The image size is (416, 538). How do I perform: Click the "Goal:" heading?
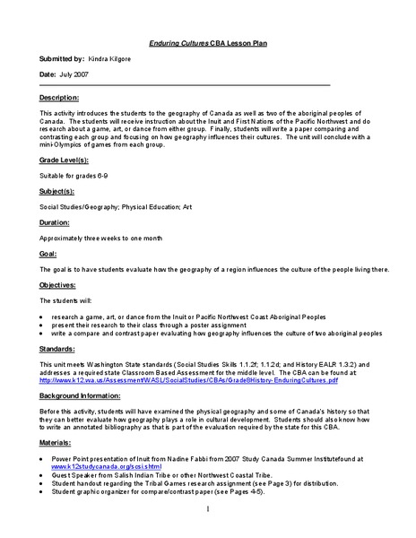[49, 253]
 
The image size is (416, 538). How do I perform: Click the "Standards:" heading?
[58, 349]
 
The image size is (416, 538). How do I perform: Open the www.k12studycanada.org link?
[93, 466]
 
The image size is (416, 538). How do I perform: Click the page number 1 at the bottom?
[208, 510]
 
